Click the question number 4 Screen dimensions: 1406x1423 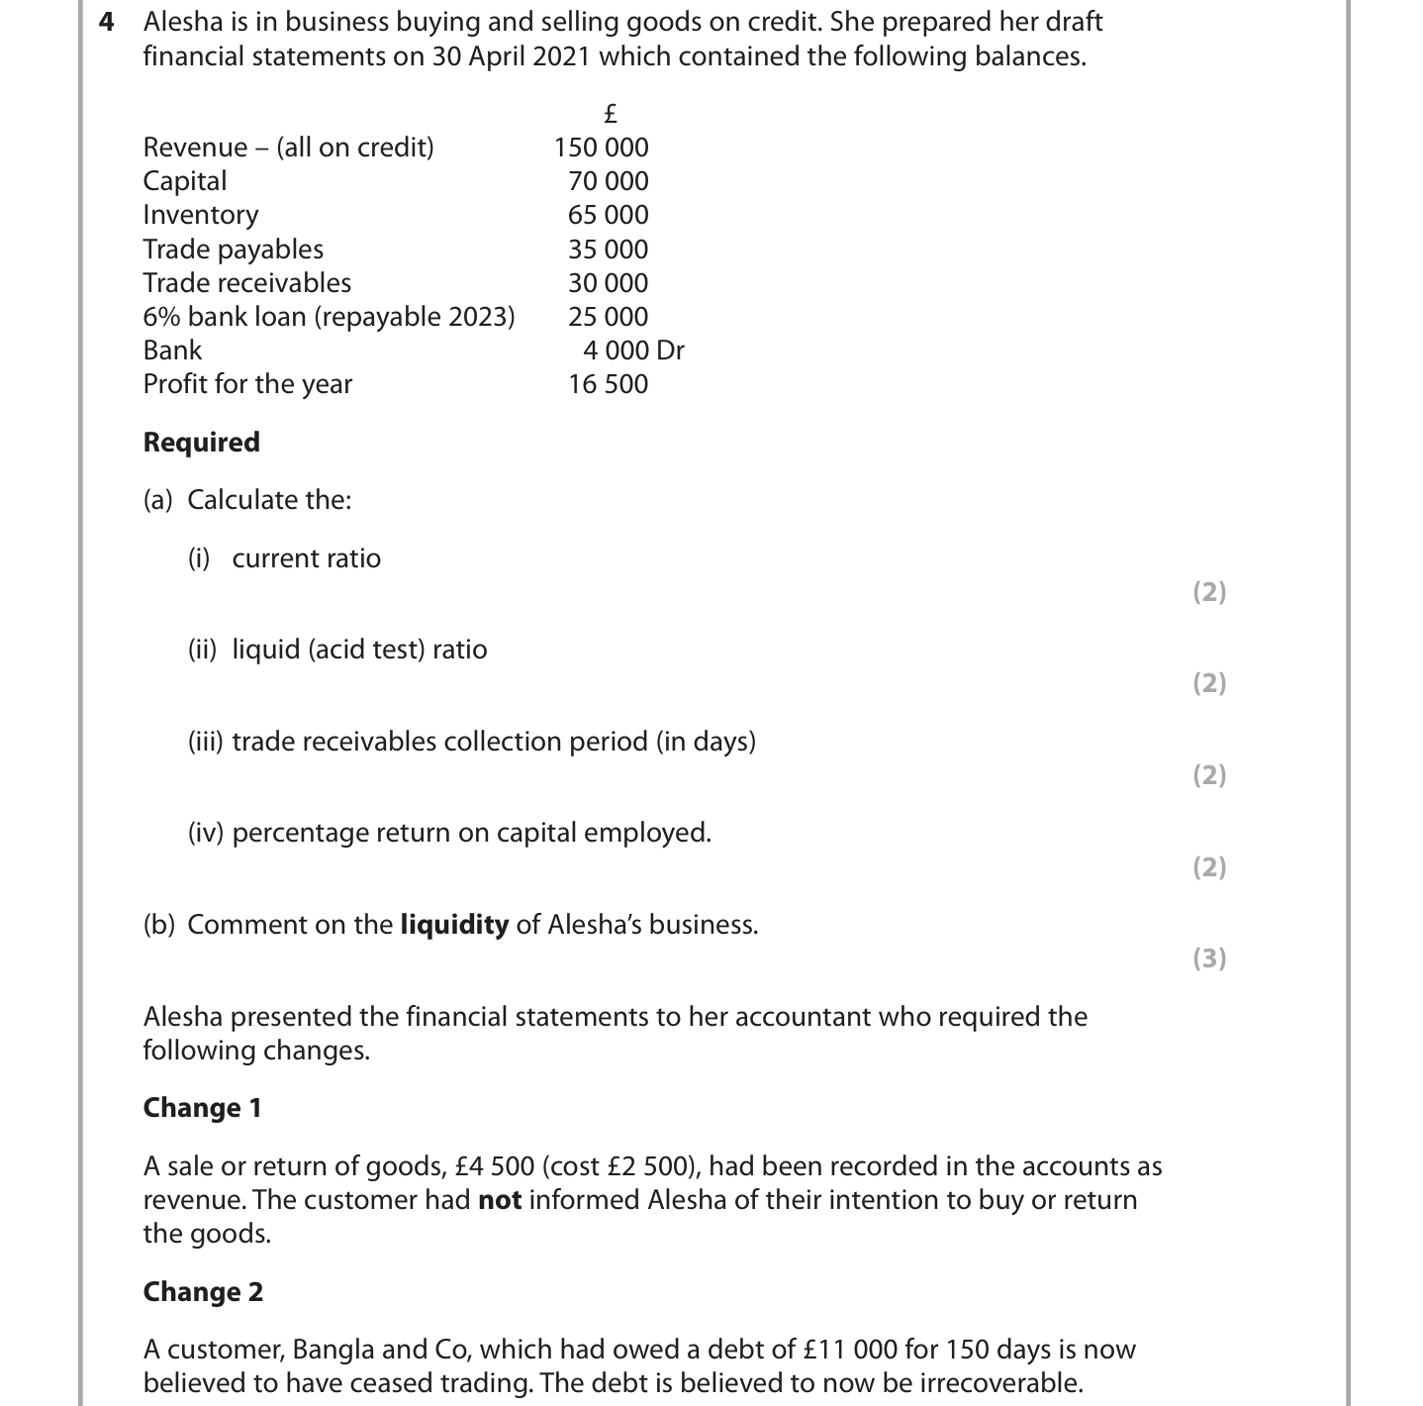(107, 22)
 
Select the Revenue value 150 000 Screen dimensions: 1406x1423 (601, 148)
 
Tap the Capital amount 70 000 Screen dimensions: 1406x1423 (608, 181)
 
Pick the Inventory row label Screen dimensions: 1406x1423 (201, 215)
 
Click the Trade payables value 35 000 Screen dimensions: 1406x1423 (608, 250)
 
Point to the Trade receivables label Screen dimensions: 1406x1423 (246, 283)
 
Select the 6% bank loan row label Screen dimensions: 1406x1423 (329, 317)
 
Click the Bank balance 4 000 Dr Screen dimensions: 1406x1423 (633, 351)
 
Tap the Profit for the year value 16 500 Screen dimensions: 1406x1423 (608, 384)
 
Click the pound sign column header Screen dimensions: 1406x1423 (611, 113)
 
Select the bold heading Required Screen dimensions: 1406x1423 (201, 442)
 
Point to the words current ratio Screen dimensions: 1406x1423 (306, 558)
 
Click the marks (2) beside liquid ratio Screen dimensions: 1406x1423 (1209, 683)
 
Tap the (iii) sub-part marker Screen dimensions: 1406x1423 (206, 742)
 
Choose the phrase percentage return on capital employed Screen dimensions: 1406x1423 (471, 833)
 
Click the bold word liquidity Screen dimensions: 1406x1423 (454, 925)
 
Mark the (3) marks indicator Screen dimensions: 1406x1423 (1209, 958)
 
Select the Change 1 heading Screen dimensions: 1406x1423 (202, 1107)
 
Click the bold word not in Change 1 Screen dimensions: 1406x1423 (500, 1200)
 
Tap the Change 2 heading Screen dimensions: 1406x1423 (203, 1291)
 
